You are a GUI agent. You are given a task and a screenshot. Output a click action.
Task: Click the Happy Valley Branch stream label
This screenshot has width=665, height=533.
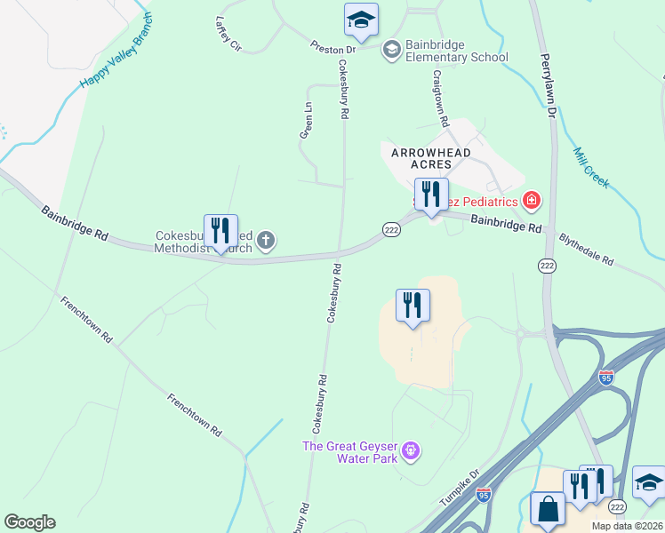click(x=116, y=52)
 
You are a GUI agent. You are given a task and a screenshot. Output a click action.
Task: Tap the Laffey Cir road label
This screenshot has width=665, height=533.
click(x=228, y=34)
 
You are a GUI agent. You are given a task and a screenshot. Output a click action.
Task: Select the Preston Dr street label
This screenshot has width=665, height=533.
click(x=332, y=48)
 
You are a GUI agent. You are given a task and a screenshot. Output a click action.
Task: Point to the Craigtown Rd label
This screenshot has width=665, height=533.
click(x=439, y=98)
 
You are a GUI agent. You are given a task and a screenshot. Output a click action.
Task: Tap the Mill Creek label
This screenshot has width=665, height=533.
click(x=591, y=167)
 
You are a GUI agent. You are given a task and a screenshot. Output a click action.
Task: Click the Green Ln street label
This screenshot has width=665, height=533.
click(x=306, y=120)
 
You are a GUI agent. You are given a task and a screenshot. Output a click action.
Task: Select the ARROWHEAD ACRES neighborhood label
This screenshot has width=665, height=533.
click(x=429, y=158)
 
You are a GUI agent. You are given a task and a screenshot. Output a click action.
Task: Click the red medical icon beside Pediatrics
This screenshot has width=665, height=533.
click(x=531, y=201)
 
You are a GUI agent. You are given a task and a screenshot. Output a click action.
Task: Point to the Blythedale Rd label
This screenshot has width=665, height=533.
click(x=586, y=249)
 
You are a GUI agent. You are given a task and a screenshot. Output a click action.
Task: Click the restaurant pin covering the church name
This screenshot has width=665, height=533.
click(x=220, y=231)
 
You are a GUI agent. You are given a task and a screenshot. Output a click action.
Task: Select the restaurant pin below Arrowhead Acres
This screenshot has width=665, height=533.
click(x=431, y=195)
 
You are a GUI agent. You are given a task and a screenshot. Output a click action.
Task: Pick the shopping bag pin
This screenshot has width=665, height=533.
click(x=548, y=510)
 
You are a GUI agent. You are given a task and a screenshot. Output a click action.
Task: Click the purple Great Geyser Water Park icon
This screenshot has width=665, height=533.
click(x=410, y=451)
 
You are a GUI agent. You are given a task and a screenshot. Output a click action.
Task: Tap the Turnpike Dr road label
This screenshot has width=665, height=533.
click(x=460, y=488)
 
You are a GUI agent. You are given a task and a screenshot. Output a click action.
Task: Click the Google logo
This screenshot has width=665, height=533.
click(x=29, y=522)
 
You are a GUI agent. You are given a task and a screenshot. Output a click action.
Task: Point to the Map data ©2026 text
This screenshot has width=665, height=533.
click(x=626, y=526)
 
